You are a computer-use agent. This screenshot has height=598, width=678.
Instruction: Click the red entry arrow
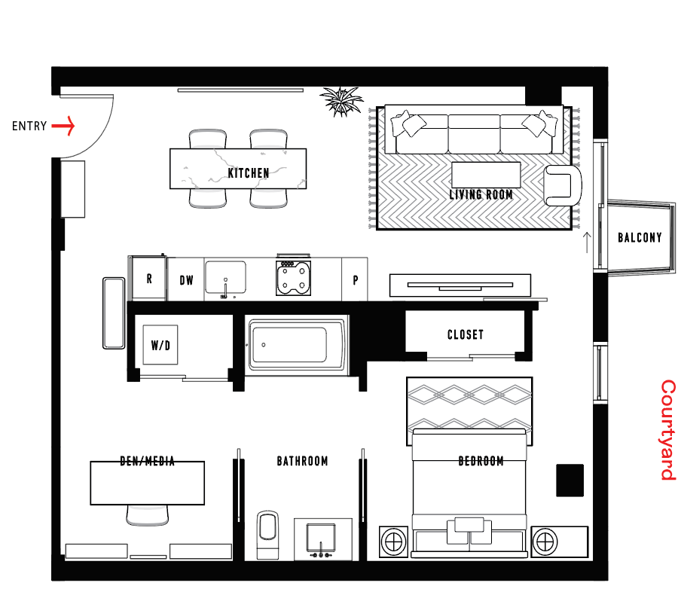[x=63, y=126]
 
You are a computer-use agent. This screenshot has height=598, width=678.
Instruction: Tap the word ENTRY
[x=29, y=127]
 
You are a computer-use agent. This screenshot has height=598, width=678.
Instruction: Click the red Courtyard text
[x=668, y=430]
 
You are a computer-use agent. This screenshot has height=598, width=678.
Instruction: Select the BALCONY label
[x=640, y=237]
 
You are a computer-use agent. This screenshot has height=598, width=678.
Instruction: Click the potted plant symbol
[x=341, y=101]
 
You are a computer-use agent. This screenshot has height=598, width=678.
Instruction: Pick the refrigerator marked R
[x=148, y=279]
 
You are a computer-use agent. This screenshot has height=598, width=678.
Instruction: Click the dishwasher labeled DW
[x=186, y=279]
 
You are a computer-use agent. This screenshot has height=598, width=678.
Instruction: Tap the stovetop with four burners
[x=293, y=278]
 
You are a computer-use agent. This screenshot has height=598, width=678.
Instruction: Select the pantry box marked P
[x=355, y=279]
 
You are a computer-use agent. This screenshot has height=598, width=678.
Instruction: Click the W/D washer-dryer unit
[x=160, y=345]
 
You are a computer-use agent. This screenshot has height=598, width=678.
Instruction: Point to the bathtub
[x=297, y=345]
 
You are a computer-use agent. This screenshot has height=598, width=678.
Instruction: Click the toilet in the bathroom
[x=267, y=535]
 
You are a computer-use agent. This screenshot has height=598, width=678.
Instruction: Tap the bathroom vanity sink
[x=321, y=539]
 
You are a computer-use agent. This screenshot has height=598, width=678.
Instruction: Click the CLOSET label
[x=466, y=334]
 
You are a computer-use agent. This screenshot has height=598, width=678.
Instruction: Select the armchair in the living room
[x=562, y=185]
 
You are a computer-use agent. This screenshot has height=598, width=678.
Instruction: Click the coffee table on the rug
[x=486, y=175]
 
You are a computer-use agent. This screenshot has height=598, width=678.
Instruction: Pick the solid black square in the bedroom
[x=570, y=481]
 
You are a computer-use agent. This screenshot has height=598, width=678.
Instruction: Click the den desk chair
[x=148, y=515]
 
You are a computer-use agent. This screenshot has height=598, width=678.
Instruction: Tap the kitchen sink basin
[x=225, y=277]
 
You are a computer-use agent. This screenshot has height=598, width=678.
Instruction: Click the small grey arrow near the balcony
[x=587, y=243]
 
